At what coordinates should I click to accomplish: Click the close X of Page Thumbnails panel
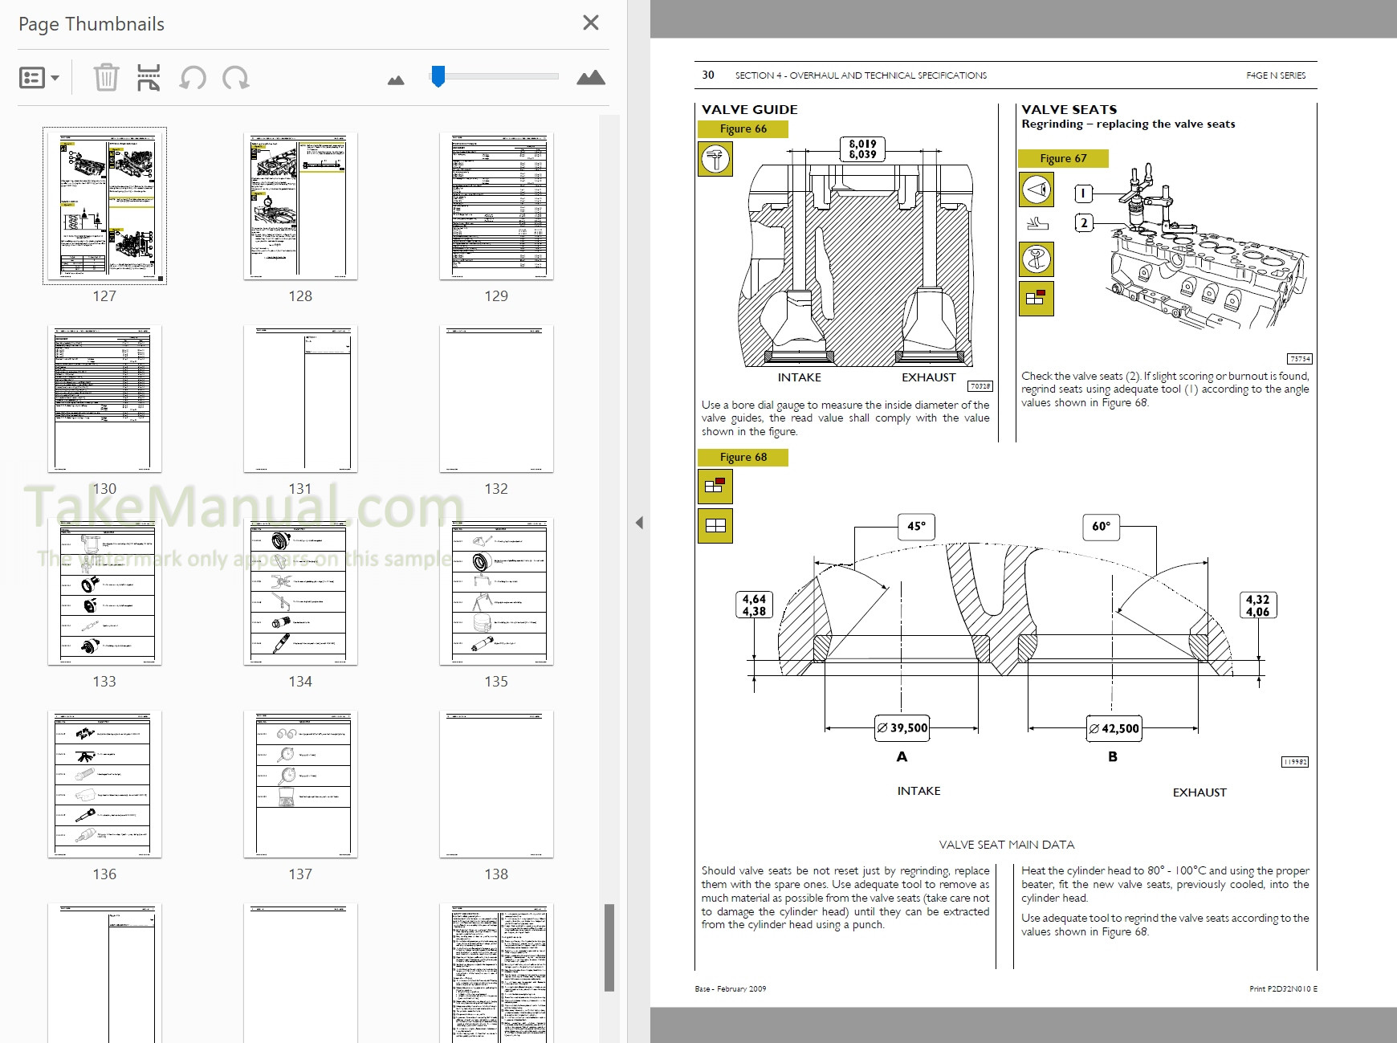590,23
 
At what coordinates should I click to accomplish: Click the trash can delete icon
106,78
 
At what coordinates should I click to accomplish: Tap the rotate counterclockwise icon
193,78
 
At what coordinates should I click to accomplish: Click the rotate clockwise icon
236,78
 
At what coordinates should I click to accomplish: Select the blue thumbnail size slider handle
438,76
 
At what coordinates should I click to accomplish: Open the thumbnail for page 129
496,206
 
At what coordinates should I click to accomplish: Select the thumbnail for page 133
104,592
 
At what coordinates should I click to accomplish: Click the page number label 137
300,874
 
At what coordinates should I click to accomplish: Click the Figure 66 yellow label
743,128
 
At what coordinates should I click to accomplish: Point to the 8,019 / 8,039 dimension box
863,149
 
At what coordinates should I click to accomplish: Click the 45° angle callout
916,526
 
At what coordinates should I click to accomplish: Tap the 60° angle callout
1101,527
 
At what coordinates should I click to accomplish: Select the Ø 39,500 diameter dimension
902,727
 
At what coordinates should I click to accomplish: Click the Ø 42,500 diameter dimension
1114,728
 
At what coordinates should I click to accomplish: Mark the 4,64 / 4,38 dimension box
754,605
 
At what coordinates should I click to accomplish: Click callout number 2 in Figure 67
1084,222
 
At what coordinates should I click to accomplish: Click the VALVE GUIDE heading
749,109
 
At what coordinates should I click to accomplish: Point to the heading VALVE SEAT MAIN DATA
1006,845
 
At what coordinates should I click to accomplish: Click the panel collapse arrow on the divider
639,523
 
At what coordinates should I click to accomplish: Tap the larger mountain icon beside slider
590,78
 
